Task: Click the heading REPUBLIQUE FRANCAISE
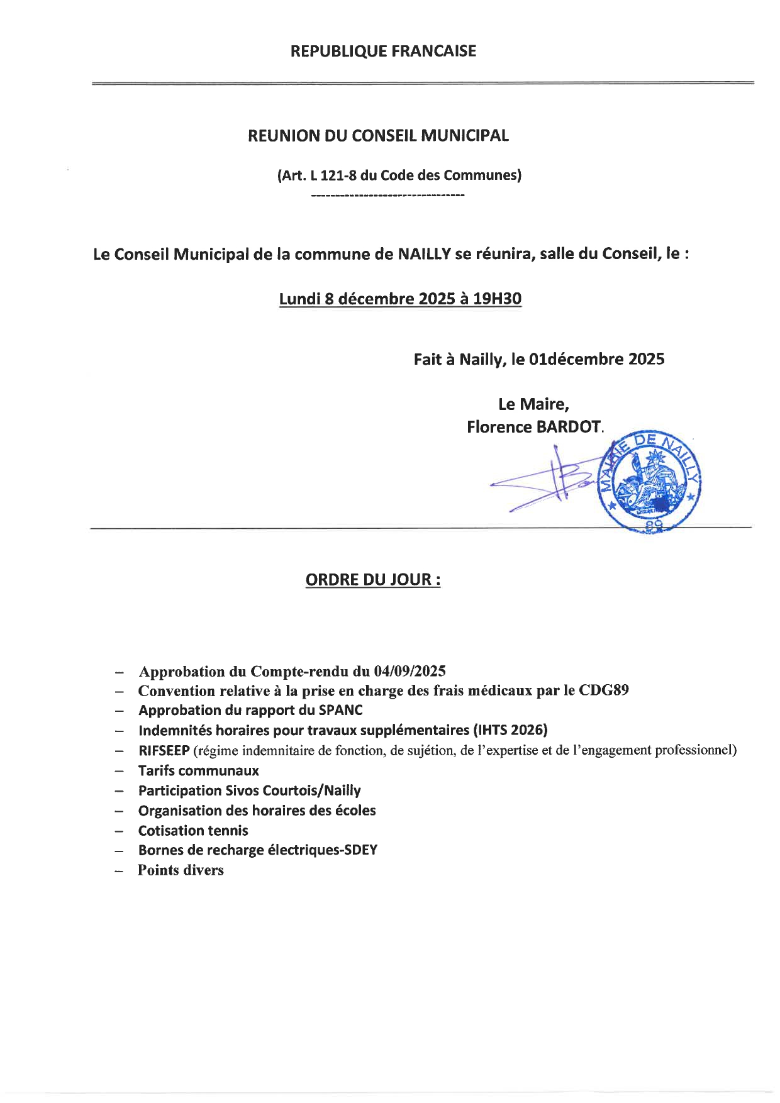tap(383, 51)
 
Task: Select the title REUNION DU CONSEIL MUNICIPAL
tap(378, 136)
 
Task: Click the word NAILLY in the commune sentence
tap(425, 254)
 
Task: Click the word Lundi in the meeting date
tap(299, 299)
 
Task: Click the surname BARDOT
tap(568, 427)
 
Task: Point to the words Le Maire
tap(533, 404)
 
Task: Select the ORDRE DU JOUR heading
tap(373, 579)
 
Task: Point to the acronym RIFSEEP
tap(164, 750)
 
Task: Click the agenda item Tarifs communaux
tap(198, 770)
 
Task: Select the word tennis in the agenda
tap(227, 830)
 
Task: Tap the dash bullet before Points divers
tap(119, 871)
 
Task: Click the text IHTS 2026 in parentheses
tap(510, 730)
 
